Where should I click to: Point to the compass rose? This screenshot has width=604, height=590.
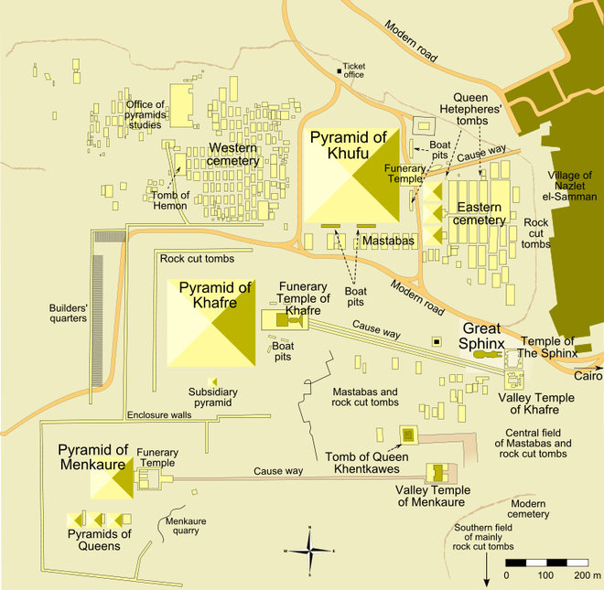(x=311, y=550)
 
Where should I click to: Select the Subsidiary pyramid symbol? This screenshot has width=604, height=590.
(x=212, y=381)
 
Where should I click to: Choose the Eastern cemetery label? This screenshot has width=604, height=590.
(x=481, y=213)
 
